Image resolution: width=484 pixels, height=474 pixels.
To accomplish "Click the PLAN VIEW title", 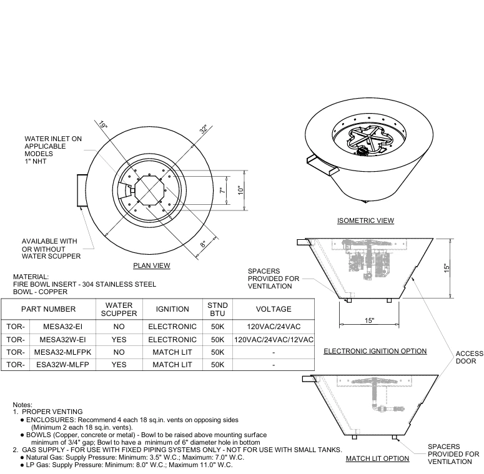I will tap(151, 265).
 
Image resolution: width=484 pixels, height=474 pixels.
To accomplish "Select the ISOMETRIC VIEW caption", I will tap(365, 220).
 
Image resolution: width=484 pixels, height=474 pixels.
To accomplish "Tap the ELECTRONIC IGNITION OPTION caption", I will tap(375, 351).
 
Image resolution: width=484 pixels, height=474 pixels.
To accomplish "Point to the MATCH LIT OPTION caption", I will tap(377, 458).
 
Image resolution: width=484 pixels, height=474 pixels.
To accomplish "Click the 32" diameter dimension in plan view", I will tap(204, 129).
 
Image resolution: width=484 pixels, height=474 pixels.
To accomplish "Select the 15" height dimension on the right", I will tap(447, 267).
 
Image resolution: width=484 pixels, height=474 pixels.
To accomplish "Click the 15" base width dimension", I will tap(370, 320).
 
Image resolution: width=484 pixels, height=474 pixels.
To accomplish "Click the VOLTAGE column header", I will tap(274, 309).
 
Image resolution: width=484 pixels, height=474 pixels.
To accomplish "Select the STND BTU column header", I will tap(217, 309).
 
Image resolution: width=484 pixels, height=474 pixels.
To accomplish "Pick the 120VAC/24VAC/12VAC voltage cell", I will tap(274, 340).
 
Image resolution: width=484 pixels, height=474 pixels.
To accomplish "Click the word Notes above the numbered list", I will tap(22, 405).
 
